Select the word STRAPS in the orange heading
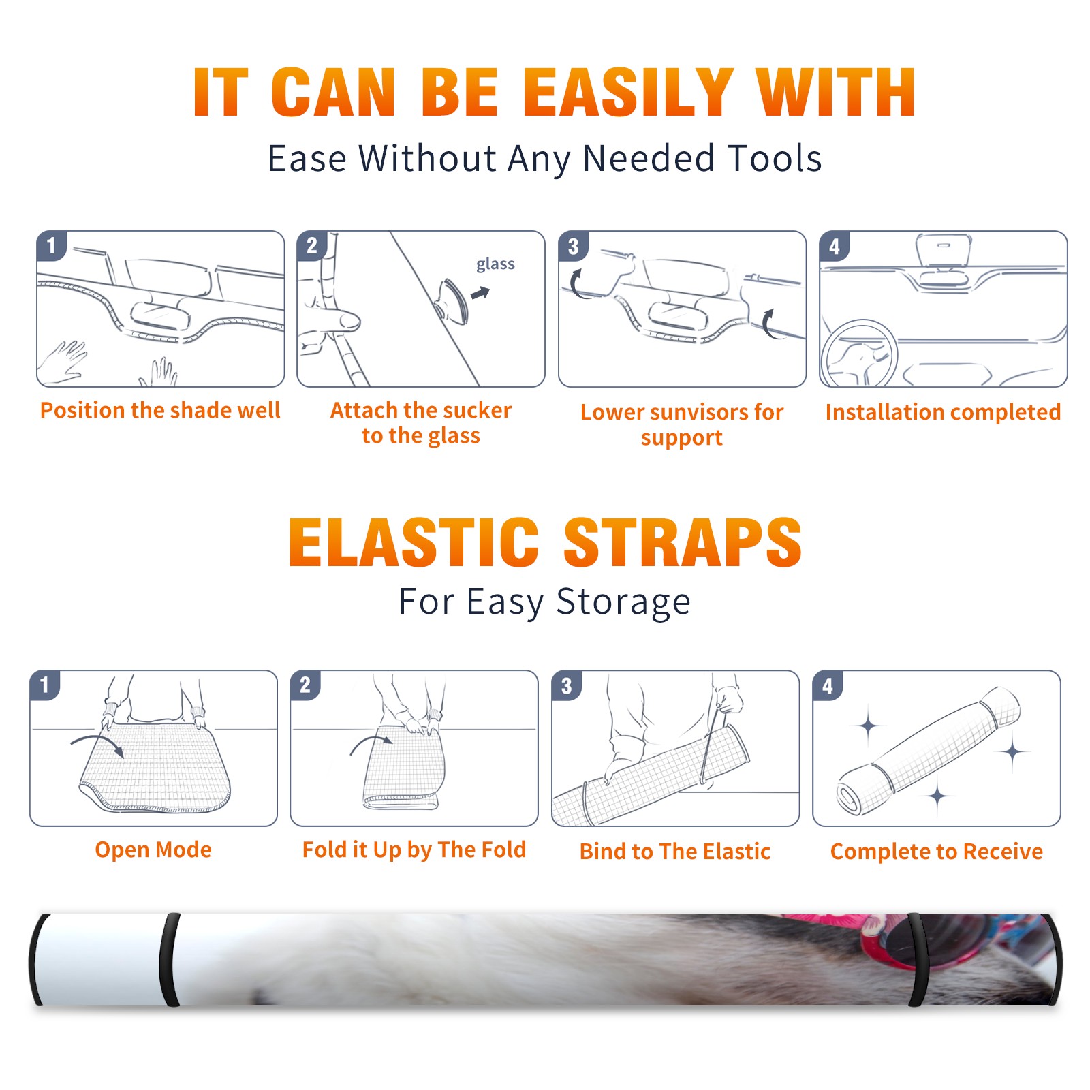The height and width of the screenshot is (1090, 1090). pyautogui.click(x=683, y=542)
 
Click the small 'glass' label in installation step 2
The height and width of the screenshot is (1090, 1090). pyautogui.click(x=495, y=264)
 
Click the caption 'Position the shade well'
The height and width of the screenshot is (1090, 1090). pyautogui.click(x=160, y=410)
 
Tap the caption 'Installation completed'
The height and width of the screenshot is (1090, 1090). pyautogui.click(x=943, y=412)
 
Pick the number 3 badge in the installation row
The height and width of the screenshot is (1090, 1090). pyautogui.click(x=573, y=246)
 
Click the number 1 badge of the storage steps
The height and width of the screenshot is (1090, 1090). pyautogui.click(x=45, y=685)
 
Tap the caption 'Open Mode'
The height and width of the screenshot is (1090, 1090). pyautogui.click(x=153, y=850)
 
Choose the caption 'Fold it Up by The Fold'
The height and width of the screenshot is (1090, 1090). pyautogui.click(x=414, y=850)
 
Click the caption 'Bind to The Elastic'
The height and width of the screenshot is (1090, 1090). pyautogui.click(x=675, y=852)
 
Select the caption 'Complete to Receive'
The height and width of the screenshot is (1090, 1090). pyautogui.click(x=937, y=852)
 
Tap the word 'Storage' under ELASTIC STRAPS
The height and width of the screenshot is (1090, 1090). pyautogui.click(x=623, y=602)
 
